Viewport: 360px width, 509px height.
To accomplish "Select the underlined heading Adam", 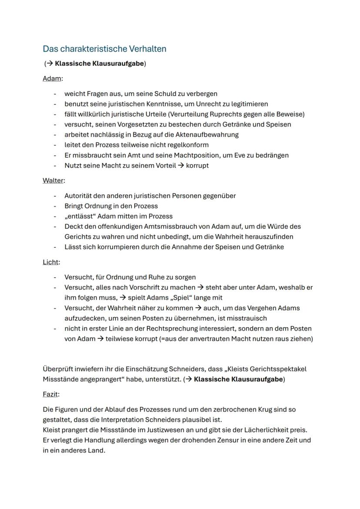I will tap(52, 79).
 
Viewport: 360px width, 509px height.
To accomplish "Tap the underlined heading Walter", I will tap(53, 180).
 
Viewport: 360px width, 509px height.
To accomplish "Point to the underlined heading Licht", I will tap(50, 262).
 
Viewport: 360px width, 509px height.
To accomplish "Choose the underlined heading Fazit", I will tap(50, 394).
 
